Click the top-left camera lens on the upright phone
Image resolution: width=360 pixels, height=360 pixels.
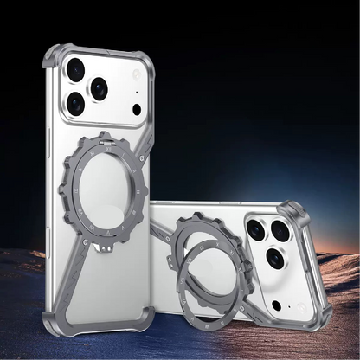[x=75, y=70]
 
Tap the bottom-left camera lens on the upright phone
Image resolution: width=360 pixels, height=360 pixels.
[x=76, y=104]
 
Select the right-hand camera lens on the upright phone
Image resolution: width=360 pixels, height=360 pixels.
[x=100, y=87]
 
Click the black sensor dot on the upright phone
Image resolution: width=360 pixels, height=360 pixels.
[x=136, y=109]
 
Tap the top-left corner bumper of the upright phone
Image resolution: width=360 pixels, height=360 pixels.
[x=54, y=57]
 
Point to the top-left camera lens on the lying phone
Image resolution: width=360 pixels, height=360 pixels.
[x=256, y=229]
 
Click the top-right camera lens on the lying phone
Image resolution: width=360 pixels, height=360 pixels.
[x=280, y=232]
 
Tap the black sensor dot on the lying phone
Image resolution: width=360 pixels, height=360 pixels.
[x=276, y=304]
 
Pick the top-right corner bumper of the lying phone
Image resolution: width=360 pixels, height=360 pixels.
[x=298, y=211]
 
